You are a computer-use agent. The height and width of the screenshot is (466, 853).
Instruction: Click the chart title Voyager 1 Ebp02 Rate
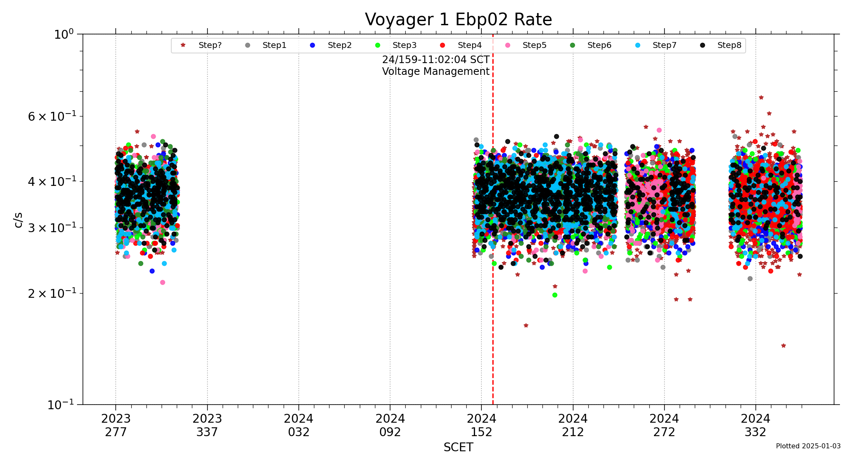[458, 20]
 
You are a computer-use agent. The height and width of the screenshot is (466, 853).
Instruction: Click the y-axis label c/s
[18, 220]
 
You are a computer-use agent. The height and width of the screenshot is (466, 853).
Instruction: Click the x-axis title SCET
[458, 447]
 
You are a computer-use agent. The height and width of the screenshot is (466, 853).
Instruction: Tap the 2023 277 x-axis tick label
[116, 425]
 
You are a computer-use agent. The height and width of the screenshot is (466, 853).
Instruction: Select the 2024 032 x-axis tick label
[298, 425]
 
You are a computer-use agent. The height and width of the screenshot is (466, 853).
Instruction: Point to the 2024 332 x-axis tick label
[755, 425]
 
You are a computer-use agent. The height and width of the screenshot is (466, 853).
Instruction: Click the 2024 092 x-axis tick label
[390, 425]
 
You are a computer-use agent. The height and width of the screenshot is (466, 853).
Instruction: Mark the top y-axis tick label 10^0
[64, 34]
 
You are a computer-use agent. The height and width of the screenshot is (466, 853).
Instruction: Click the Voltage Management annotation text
[436, 71]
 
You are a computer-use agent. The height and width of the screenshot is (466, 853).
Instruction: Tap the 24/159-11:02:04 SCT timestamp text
[436, 60]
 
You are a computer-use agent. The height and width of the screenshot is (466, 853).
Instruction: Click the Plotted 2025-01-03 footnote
[808, 446]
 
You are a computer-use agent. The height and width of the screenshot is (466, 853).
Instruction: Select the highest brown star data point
[761, 98]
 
